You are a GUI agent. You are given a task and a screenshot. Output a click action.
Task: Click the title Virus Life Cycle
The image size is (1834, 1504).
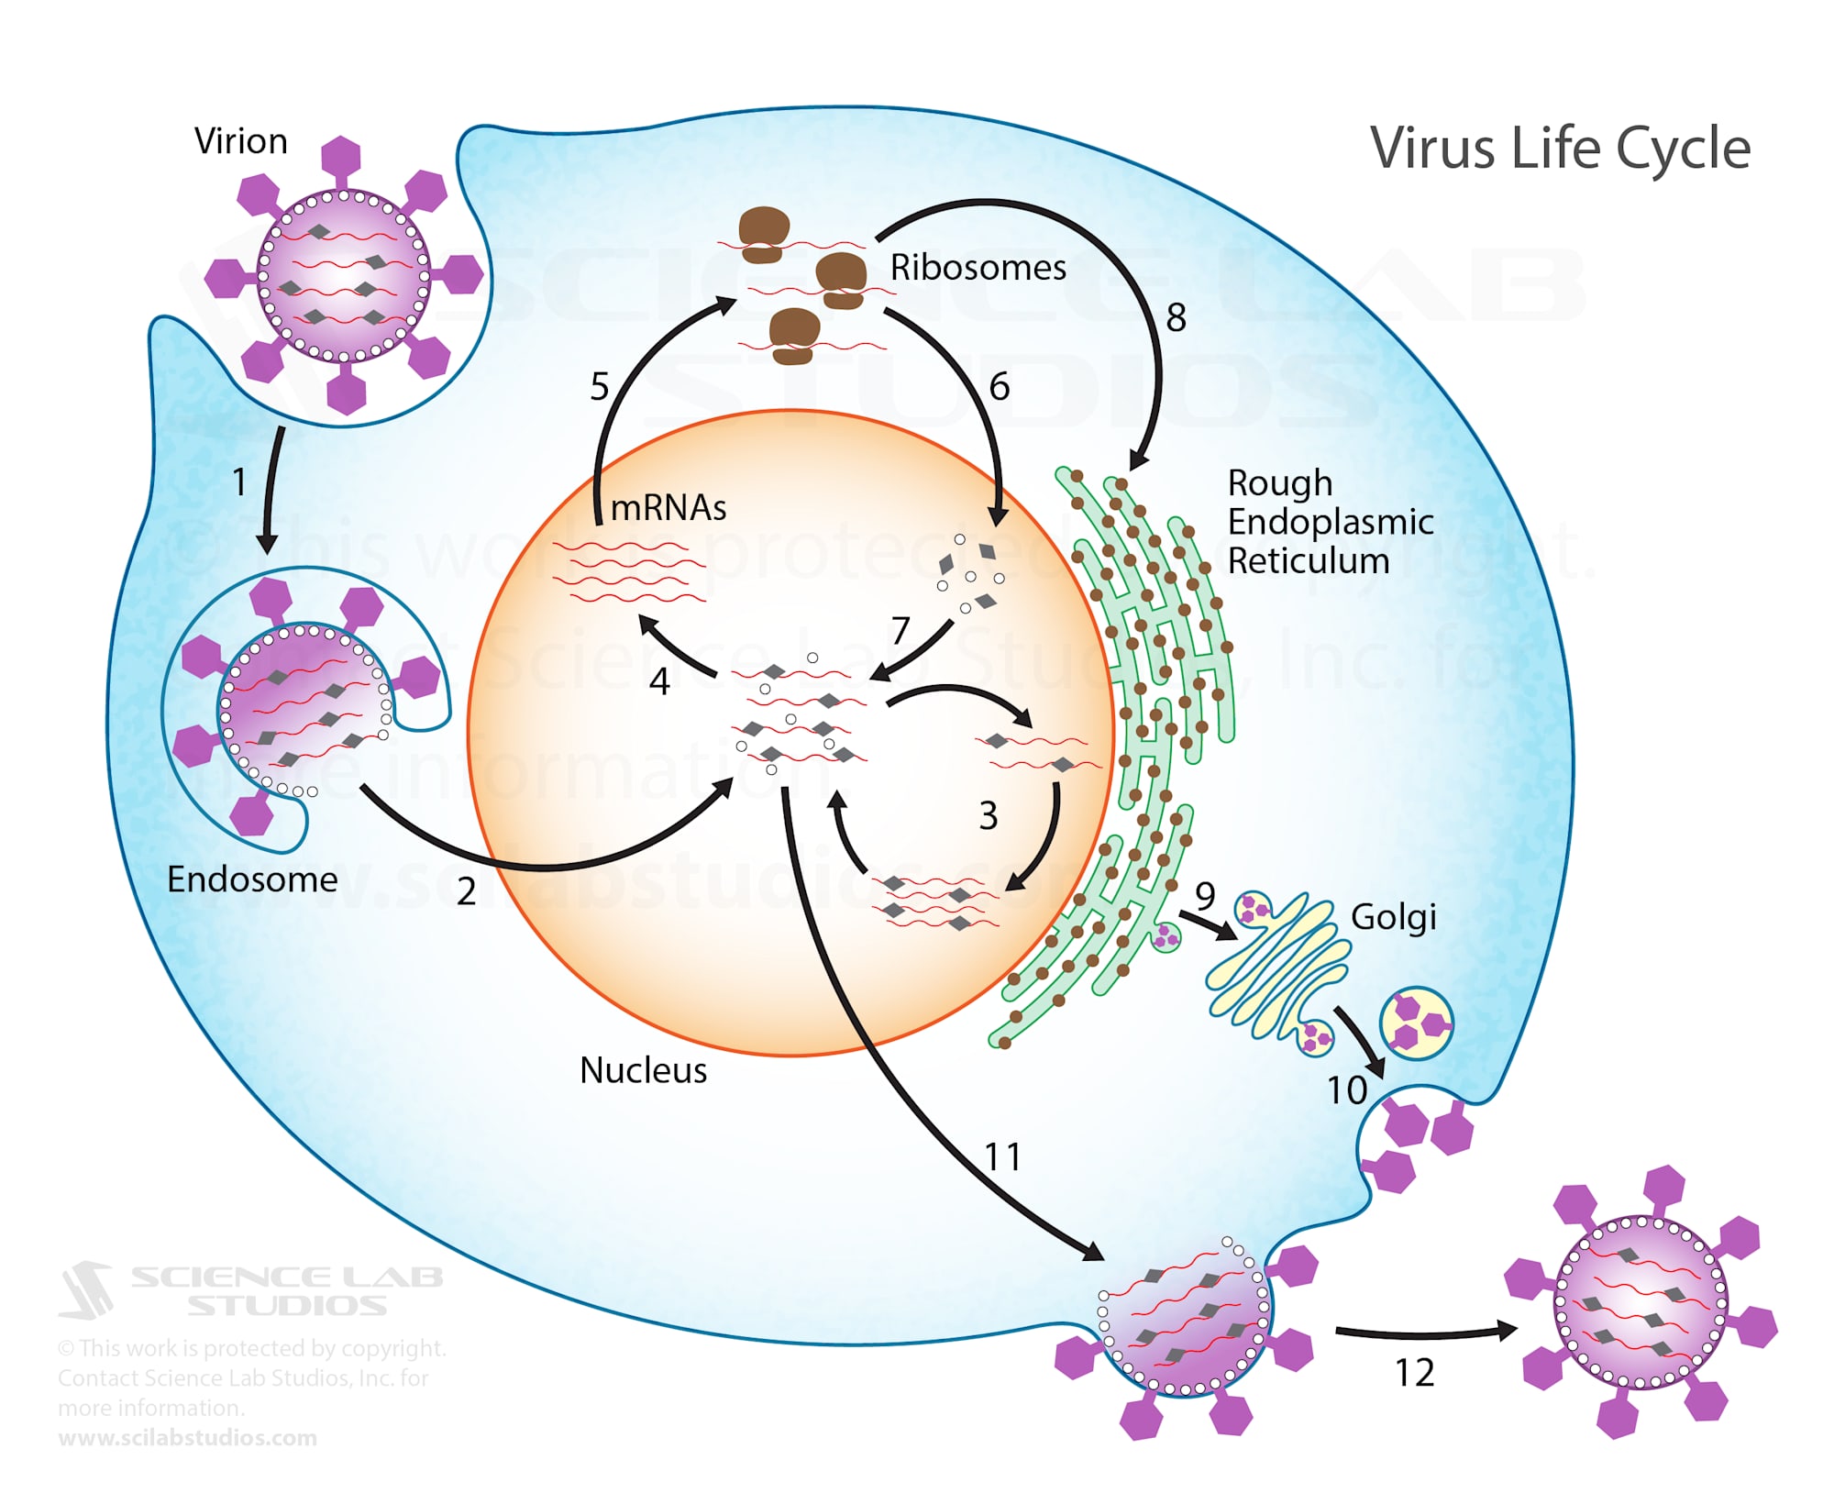[1559, 149]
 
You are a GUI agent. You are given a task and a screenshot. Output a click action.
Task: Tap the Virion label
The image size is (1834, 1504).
[241, 141]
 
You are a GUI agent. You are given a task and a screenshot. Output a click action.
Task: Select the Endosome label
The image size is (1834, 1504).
[252, 879]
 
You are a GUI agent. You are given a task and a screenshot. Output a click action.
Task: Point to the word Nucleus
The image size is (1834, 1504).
[643, 1070]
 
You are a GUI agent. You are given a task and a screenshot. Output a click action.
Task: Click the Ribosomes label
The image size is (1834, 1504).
[978, 268]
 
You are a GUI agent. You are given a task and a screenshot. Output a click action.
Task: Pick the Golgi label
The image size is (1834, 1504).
[1393, 917]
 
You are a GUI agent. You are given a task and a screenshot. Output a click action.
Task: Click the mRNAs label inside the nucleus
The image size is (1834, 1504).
[668, 507]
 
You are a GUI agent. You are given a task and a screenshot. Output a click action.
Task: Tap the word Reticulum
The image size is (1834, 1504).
[1308, 560]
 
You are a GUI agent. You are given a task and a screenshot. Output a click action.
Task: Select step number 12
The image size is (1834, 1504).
[1414, 1373]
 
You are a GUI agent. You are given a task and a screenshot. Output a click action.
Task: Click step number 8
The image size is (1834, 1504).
[1176, 318]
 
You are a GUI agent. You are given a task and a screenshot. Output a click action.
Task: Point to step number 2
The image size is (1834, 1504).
[466, 891]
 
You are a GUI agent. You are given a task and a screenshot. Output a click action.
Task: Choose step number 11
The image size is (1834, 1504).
[1002, 1157]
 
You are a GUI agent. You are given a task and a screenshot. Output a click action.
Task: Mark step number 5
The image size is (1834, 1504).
[599, 387]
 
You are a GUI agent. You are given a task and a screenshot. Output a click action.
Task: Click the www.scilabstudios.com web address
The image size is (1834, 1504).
[187, 1438]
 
